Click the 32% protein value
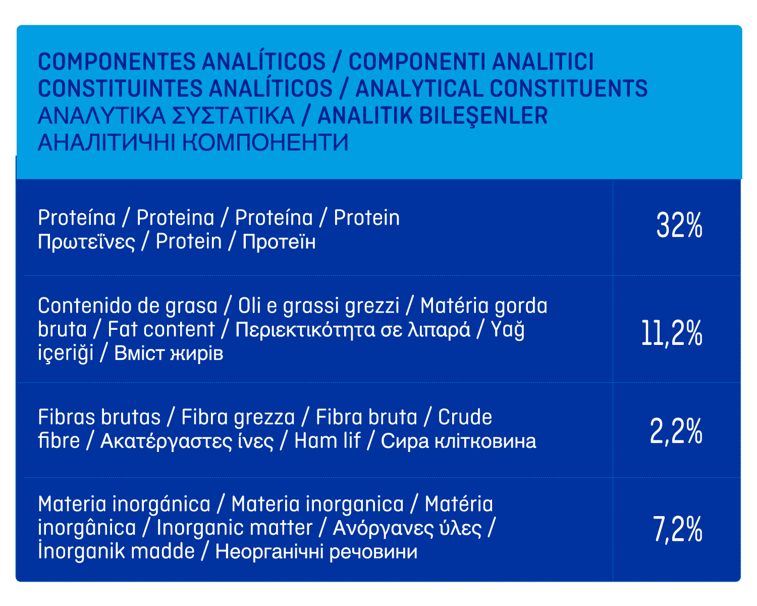679,225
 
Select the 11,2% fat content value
672,333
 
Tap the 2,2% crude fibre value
676,431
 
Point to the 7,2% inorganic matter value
677,529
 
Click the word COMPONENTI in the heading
416,62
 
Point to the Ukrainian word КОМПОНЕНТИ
265,142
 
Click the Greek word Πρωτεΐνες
86,242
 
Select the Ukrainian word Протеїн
279,241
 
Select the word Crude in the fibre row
465,417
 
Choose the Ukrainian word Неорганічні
269,552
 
